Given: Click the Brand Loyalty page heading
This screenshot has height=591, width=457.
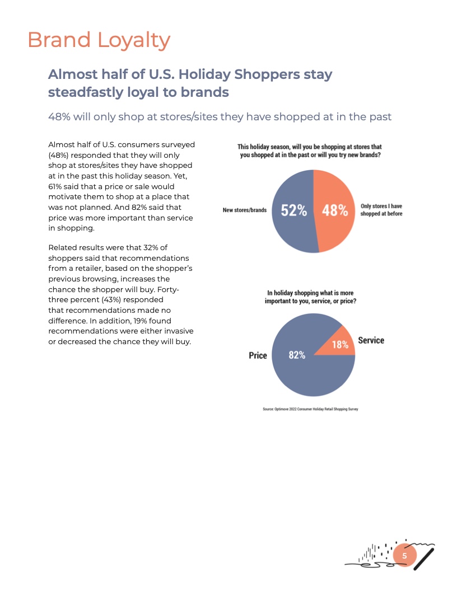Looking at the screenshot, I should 99,40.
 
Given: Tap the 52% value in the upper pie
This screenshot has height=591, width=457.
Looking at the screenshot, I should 293,211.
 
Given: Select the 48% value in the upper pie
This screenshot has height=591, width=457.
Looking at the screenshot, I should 335,211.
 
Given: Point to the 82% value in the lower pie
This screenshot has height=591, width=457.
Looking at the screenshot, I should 297,355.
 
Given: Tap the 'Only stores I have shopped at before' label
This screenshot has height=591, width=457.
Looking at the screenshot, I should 381,210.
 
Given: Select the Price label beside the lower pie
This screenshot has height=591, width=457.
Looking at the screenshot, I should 258,355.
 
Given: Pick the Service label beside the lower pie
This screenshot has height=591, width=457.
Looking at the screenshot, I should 371,340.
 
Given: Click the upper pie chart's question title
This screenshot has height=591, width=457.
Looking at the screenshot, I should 310,151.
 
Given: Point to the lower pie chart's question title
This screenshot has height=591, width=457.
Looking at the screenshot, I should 310,297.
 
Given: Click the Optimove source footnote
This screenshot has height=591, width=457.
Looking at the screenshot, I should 310,409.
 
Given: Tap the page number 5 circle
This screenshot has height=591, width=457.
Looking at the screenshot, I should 404,556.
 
